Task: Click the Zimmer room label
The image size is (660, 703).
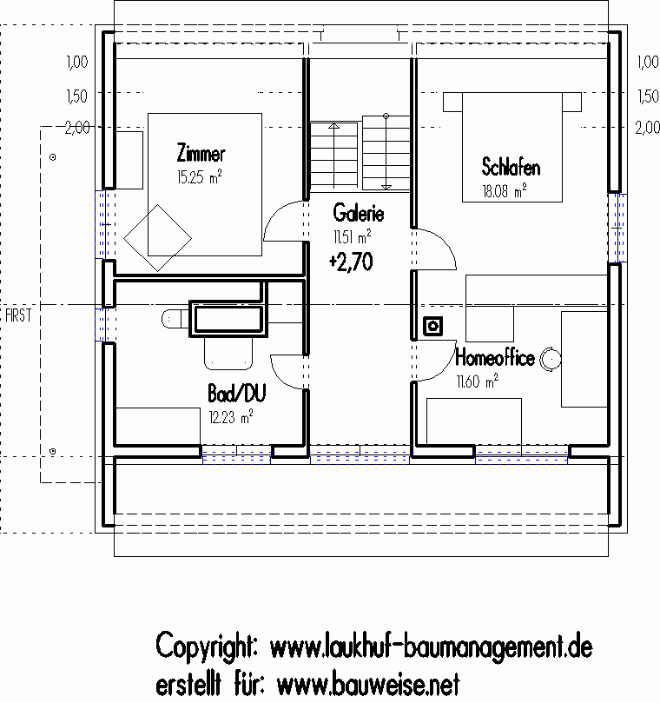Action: (201, 153)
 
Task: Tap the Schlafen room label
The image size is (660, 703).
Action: (511, 167)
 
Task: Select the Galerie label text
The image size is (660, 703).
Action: (359, 213)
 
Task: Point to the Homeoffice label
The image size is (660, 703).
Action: (495, 358)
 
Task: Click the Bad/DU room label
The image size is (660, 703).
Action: (237, 393)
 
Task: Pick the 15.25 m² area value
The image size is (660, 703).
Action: (200, 177)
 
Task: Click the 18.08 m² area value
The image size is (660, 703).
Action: (505, 191)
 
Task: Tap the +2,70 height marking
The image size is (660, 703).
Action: (351, 262)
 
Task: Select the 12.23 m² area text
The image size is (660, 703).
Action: (231, 417)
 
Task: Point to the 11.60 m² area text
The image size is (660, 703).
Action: (478, 381)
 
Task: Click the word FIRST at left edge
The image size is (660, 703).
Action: (19, 315)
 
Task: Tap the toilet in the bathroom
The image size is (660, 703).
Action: (175, 319)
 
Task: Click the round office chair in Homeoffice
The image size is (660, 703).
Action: (551, 359)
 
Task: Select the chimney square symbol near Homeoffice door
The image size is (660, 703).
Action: (432, 326)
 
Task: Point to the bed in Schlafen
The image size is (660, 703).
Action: (512, 147)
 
